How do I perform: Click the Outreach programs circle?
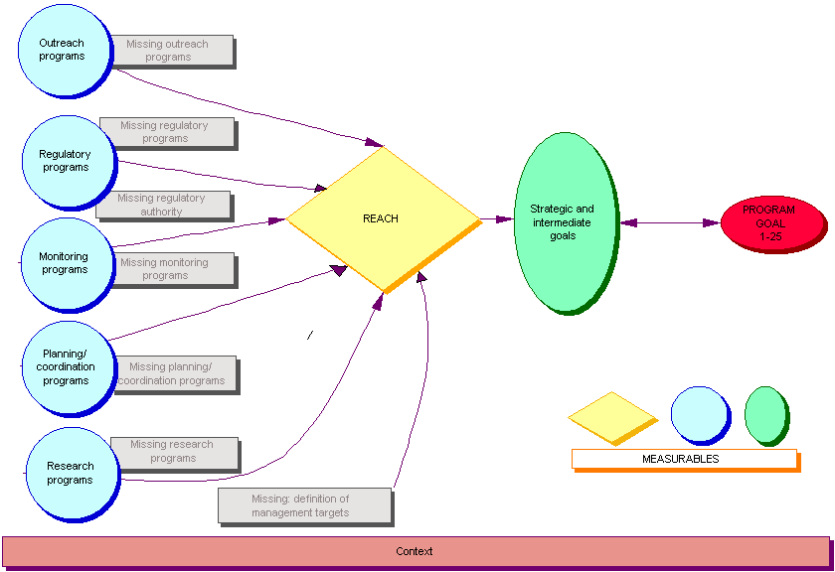[62, 51]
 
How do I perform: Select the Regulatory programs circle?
[65, 162]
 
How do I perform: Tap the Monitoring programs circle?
[64, 263]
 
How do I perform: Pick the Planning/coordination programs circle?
[66, 367]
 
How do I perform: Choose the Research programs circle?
[70, 474]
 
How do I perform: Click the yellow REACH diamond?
[382, 219]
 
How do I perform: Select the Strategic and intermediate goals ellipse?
[563, 222]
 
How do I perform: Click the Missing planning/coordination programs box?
[177, 374]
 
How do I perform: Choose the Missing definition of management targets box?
[304, 504]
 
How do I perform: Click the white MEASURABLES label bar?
[684, 459]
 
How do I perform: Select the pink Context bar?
[415, 551]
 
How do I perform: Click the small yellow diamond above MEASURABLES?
[611, 417]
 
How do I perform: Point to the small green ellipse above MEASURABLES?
[765, 414]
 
